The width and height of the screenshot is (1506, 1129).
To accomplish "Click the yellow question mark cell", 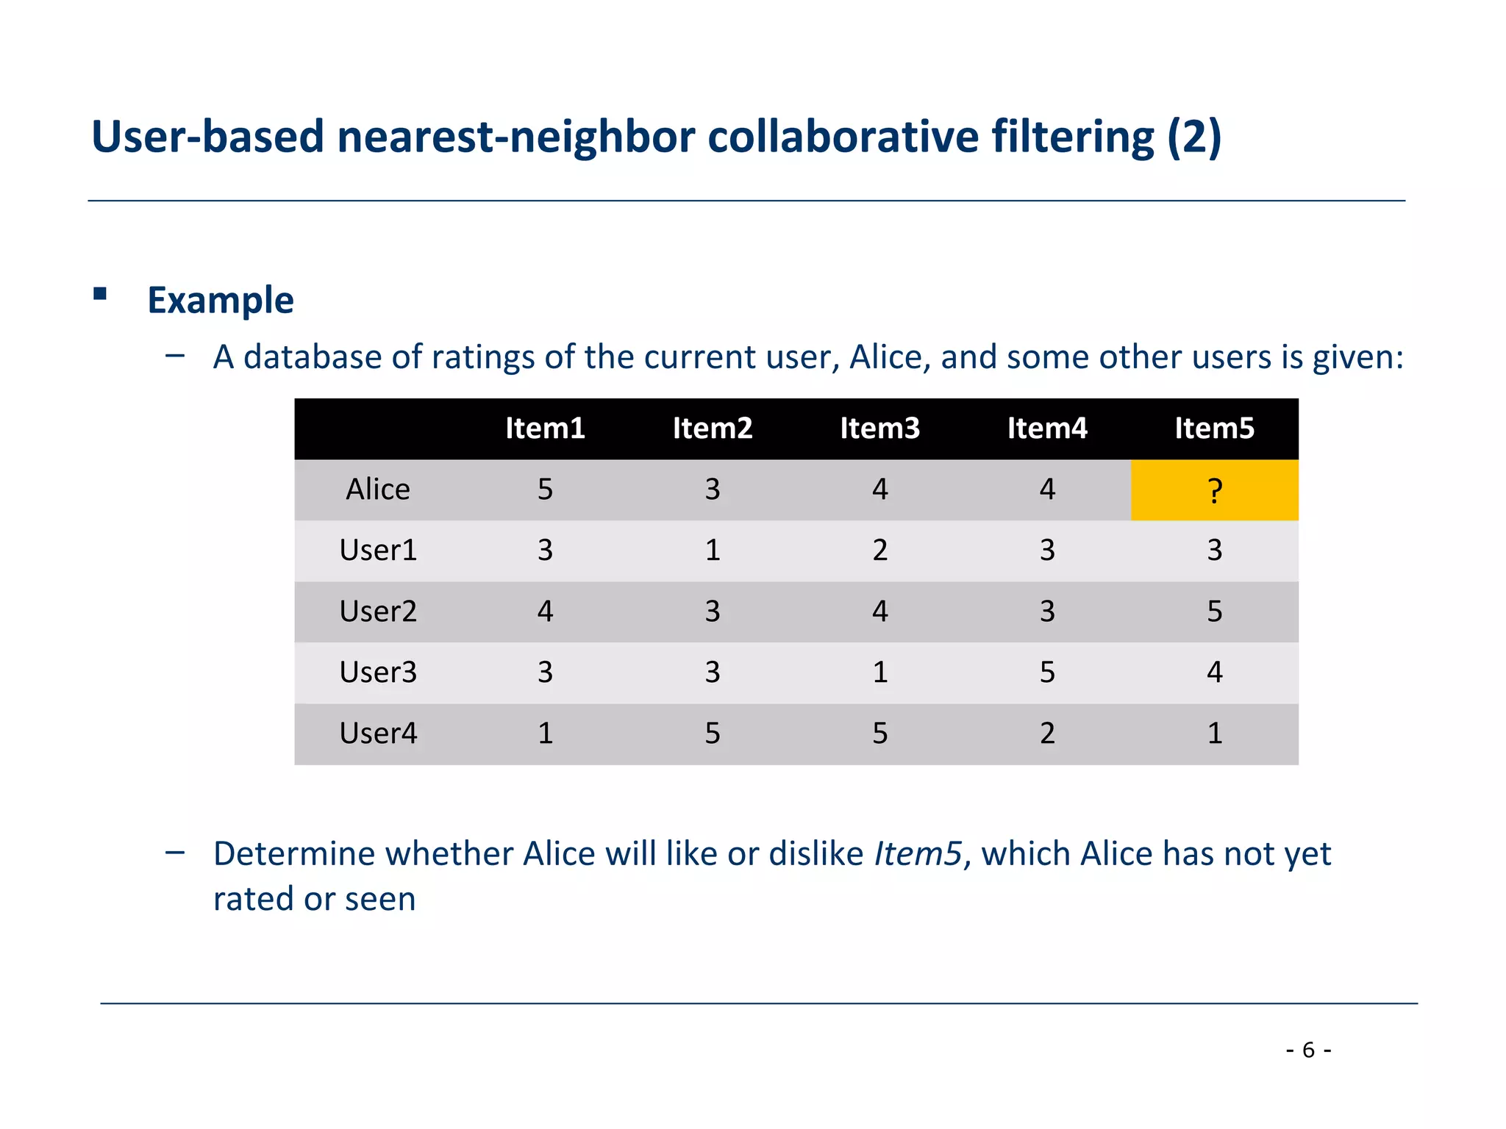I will (1214, 490).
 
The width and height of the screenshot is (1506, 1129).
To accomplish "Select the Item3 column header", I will (879, 429).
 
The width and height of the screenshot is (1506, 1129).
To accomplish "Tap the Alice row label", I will (378, 490).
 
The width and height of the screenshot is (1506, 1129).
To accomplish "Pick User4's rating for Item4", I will (1047, 734).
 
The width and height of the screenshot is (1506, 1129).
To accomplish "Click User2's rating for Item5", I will (1214, 612).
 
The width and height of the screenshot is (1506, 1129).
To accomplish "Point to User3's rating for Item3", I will (879, 673).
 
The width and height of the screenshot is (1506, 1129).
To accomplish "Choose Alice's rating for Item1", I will (545, 490).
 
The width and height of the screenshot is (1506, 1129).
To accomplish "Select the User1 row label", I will (378, 551).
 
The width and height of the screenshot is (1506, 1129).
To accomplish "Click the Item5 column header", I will (1214, 429).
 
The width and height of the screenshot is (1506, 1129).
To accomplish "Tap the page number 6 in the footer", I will (1308, 1050).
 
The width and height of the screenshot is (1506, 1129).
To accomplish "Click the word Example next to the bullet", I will (221, 301).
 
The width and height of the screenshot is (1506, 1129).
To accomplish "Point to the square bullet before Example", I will (101, 295).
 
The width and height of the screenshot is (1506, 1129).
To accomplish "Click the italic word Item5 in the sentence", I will (918, 854).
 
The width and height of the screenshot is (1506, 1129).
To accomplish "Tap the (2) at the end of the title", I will (1194, 137).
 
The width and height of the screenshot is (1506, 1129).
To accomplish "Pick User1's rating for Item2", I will (712, 551).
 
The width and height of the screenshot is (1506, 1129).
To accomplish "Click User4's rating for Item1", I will (545, 734).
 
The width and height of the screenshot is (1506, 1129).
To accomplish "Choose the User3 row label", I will (378, 673).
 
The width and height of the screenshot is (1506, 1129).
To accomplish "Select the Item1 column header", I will (545, 429).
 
